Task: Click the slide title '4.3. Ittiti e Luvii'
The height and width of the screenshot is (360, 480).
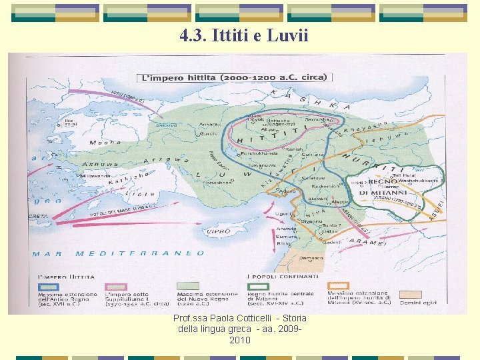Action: tap(244, 35)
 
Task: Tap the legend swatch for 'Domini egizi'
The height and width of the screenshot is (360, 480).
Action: tap(409, 293)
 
